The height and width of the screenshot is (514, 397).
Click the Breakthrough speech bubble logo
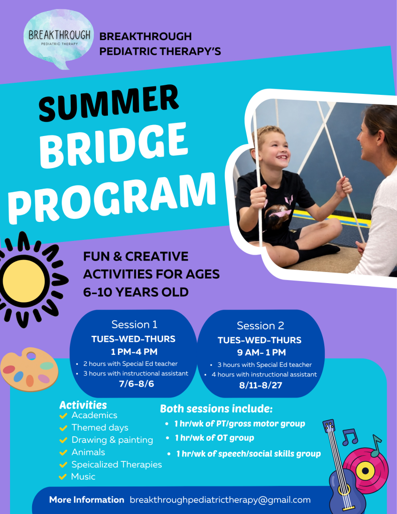[59, 38]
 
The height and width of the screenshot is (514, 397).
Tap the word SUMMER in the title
[109, 103]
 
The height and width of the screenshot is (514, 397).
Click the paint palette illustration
[29, 369]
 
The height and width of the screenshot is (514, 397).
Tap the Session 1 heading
[135, 325]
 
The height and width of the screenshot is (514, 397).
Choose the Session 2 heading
[260, 325]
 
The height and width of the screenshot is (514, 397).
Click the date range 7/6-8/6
[137, 384]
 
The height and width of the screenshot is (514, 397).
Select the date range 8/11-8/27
[260, 385]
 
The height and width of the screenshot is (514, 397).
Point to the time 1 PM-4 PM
[134, 352]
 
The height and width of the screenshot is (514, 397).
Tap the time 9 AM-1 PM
[261, 352]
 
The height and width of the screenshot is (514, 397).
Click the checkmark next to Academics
[63, 416]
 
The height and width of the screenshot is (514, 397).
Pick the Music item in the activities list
[83, 477]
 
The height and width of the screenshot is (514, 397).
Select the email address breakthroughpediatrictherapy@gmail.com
[220, 500]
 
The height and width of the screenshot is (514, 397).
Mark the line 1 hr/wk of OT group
[214, 438]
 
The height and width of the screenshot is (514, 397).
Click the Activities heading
[83, 405]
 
